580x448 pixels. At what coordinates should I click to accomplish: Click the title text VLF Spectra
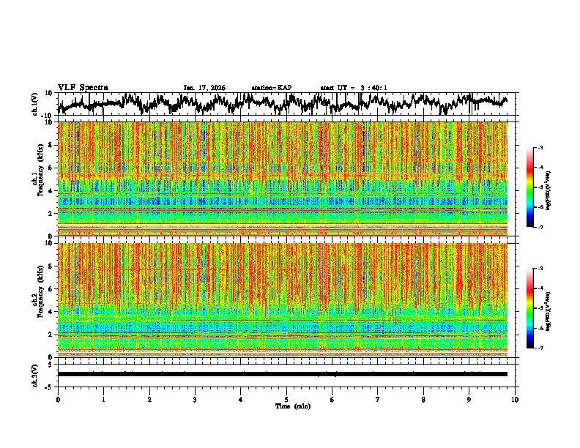(83, 87)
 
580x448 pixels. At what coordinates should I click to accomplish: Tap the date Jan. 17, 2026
(204, 88)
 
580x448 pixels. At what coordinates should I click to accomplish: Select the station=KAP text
(272, 88)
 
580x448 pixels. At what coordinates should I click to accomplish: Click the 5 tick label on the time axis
(286, 400)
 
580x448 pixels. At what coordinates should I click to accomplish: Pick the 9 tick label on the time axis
(469, 400)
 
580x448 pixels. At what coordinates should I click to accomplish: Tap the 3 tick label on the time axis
(195, 400)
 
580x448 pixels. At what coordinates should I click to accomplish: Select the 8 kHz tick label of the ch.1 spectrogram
(51, 145)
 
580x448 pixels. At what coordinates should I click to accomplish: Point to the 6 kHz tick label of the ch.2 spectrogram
(51, 288)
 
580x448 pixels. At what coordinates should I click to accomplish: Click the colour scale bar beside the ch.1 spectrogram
(529, 187)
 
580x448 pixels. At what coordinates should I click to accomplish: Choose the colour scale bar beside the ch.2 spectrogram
(529, 308)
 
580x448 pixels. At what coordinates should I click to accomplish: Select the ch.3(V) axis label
(35, 373)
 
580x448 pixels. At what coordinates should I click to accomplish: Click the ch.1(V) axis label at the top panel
(35, 103)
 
